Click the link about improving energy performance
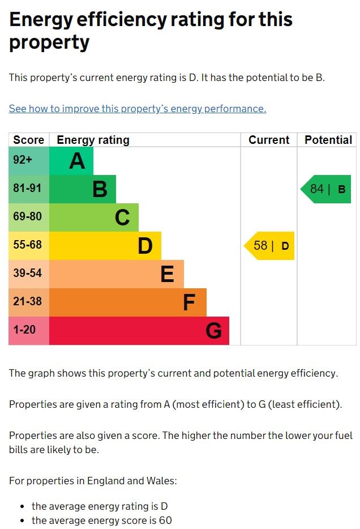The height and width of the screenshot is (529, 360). click(x=137, y=109)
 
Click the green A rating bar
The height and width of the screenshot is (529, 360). click(x=71, y=161)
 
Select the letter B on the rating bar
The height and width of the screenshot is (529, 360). click(x=100, y=189)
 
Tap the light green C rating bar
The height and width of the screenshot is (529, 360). click(x=93, y=217)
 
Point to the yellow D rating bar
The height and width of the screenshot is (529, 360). click(x=105, y=246)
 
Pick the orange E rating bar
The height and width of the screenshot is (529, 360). click(x=116, y=274)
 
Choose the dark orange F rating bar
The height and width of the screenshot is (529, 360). click(x=127, y=302)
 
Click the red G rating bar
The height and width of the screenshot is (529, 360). click(x=139, y=331)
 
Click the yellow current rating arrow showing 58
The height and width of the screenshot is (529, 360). click(x=270, y=246)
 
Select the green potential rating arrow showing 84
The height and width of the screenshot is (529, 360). click(x=326, y=189)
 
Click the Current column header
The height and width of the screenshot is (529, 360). click(x=269, y=140)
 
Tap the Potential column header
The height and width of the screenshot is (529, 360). click(x=328, y=140)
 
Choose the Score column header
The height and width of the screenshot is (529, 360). click(x=29, y=140)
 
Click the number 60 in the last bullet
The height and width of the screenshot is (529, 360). click(x=165, y=520)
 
